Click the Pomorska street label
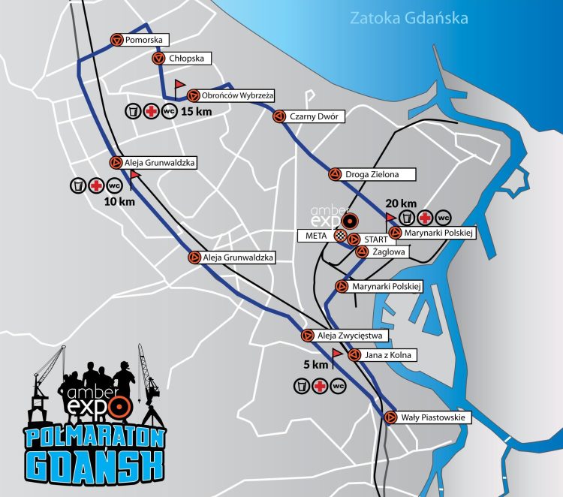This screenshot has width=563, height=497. coord(145,40)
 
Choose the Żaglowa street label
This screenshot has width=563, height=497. coord(390,252)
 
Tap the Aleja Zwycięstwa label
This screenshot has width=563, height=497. coord(351,336)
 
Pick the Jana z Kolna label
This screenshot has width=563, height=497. coord(389,355)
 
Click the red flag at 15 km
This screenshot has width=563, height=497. coord(179,85)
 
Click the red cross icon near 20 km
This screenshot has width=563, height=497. coord(425,218)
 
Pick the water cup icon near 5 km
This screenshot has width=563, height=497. coord(300,386)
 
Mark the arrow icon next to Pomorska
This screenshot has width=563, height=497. coord(116,40)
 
